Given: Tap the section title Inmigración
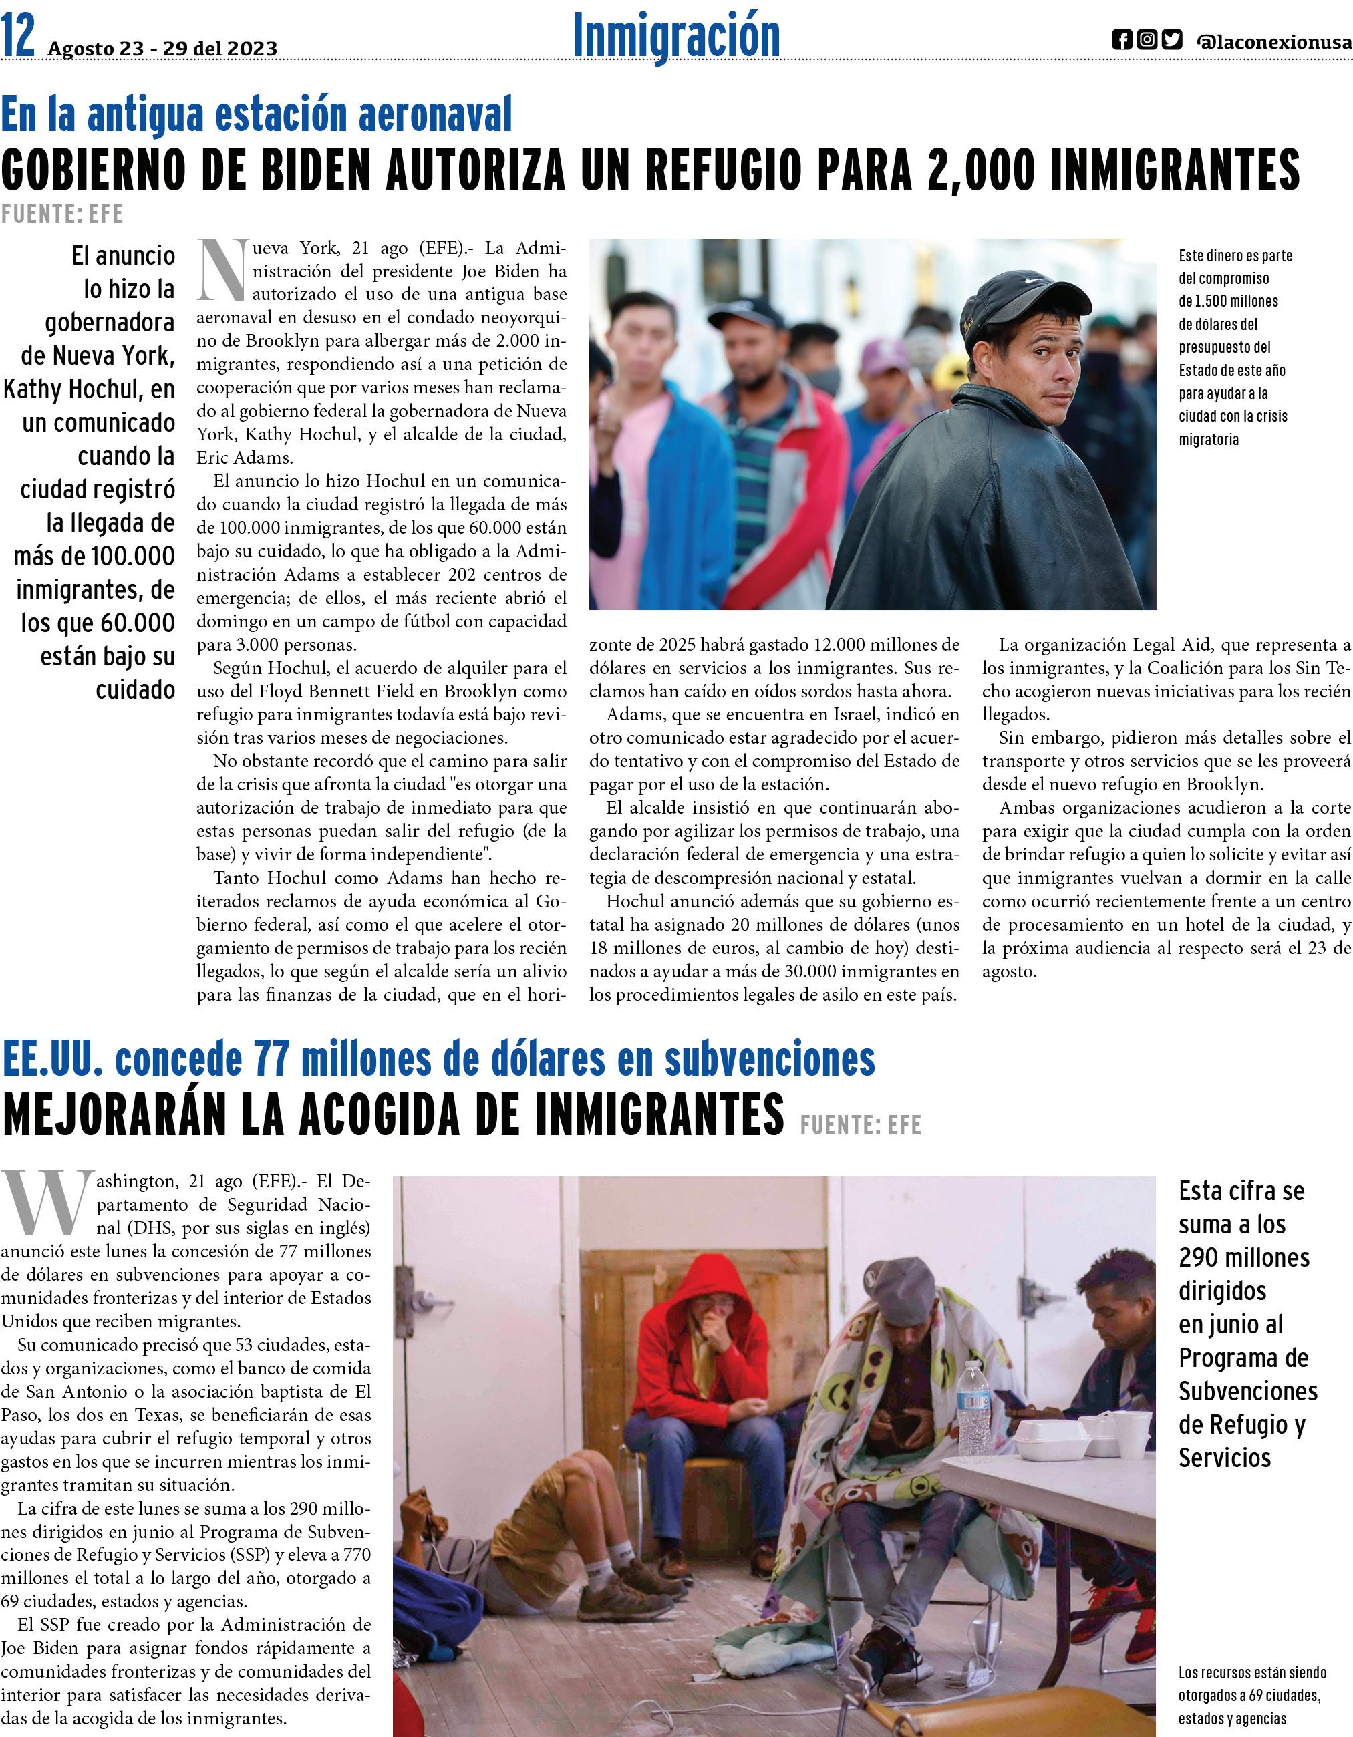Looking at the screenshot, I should (x=676, y=36).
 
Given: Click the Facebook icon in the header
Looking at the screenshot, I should (x=1122, y=41).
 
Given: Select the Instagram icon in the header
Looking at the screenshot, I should (x=1146, y=41).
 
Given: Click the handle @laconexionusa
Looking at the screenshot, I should (x=1273, y=42).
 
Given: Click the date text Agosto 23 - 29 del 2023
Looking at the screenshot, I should (x=162, y=49).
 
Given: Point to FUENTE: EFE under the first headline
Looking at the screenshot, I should (x=62, y=214).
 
